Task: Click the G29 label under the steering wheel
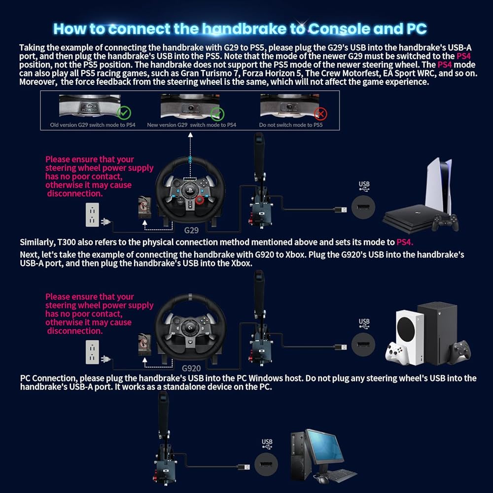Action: click(x=191, y=230)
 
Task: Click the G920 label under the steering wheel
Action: click(x=191, y=368)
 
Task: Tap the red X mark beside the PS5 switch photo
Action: click(x=320, y=113)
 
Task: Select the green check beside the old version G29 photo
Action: click(x=124, y=113)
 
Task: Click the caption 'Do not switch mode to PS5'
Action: click(x=291, y=125)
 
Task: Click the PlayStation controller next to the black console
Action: click(x=445, y=223)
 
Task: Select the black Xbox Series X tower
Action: click(x=437, y=333)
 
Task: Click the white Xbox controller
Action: click(x=397, y=352)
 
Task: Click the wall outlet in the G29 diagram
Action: click(x=92, y=215)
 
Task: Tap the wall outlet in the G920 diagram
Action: click(x=92, y=352)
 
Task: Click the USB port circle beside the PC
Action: click(x=266, y=464)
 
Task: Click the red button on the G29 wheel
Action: click(x=199, y=200)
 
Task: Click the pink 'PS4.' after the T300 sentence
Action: click(x=405, y=243)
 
